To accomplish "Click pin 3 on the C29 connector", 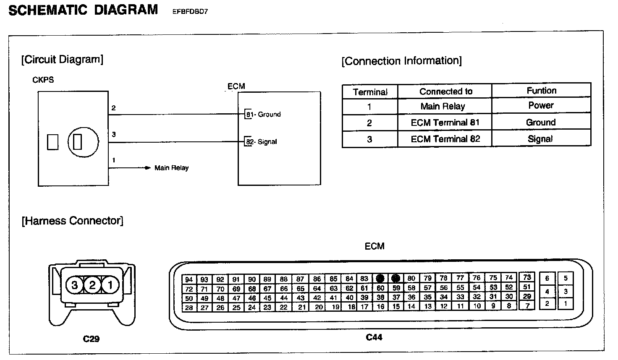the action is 75,285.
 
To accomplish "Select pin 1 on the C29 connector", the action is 110,285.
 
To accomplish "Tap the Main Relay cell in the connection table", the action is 443,106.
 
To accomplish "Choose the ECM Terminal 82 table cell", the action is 445,139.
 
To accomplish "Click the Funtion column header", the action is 541,90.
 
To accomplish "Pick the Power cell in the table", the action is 541,105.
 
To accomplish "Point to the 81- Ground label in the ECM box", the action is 264,114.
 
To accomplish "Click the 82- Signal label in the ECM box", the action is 262,142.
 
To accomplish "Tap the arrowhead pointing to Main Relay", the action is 147,168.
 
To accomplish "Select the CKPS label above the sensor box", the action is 43,80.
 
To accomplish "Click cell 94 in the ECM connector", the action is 189,279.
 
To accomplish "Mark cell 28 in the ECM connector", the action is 189,308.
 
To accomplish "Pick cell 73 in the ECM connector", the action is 527,277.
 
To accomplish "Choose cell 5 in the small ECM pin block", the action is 566,278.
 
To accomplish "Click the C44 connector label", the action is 374,337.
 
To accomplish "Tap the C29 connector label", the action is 91,338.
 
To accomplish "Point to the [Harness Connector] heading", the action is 72,221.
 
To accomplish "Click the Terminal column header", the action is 370,92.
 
